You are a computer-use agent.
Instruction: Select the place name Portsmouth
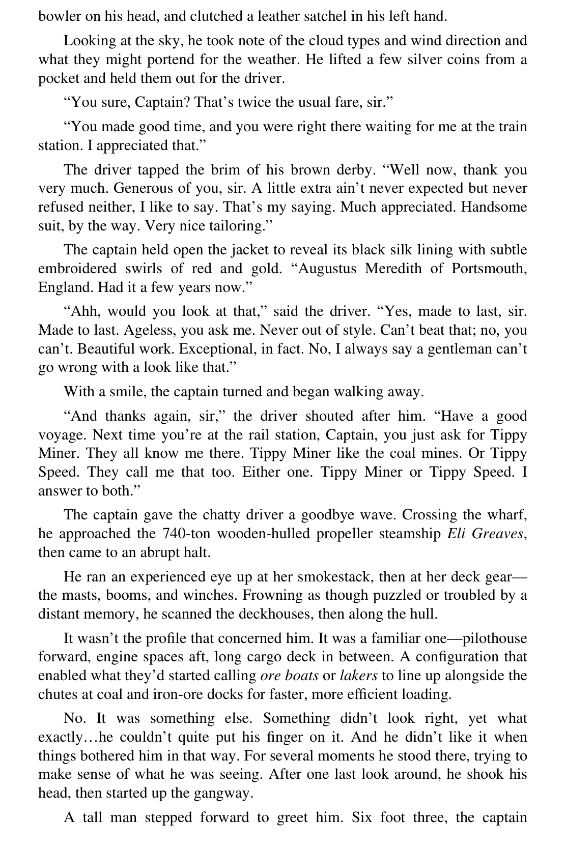click(489, 268)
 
